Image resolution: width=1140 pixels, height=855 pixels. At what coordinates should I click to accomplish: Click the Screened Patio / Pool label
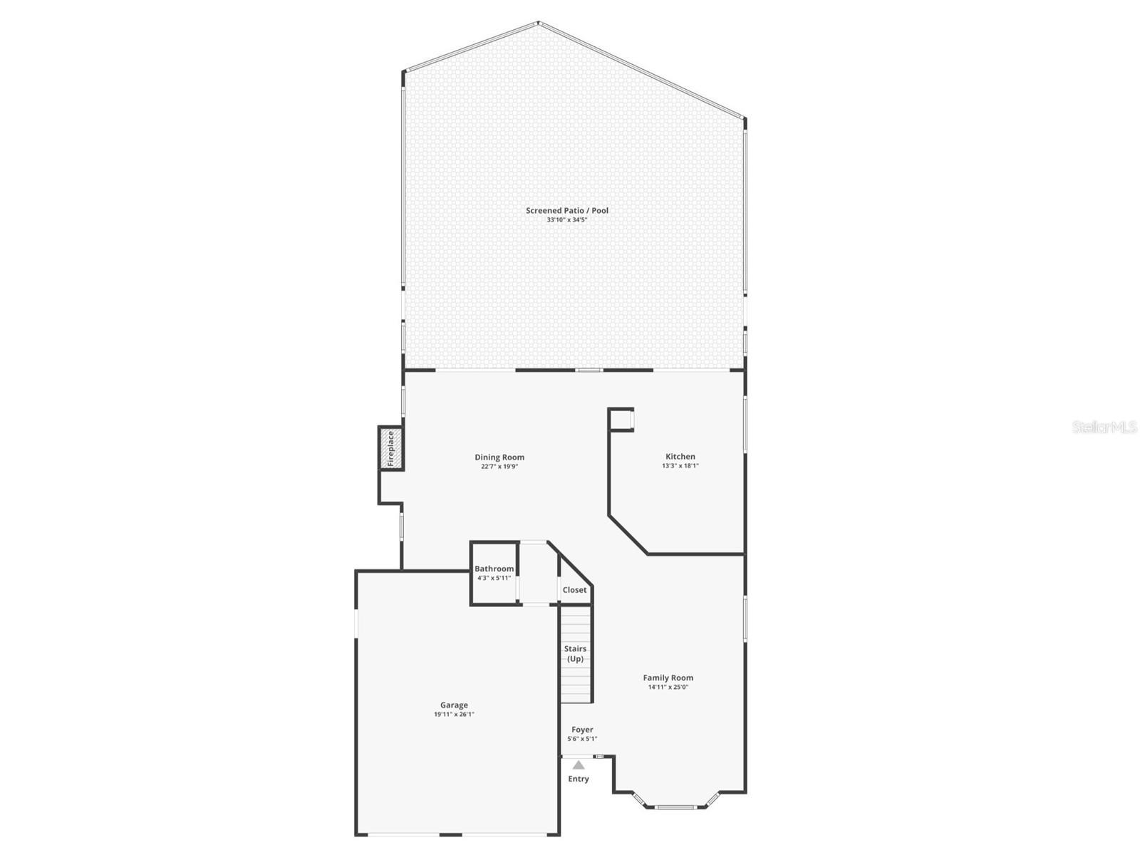coord(567,210)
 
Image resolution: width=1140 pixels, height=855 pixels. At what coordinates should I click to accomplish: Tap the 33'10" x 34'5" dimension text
coord(567,220)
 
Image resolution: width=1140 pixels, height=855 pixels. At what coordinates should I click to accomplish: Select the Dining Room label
coord(499,457)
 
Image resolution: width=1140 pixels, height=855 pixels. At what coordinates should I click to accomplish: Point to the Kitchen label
coord(680,457)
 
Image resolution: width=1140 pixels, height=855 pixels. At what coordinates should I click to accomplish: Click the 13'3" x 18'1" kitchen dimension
coord(680,466)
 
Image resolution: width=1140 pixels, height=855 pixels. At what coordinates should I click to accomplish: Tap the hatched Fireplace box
coord(390,448)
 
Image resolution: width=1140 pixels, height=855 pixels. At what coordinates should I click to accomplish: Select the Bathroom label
coord(494,569)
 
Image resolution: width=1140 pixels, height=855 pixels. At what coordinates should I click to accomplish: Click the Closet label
coord(574,590)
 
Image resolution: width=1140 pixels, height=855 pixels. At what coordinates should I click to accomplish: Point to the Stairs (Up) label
coord(575,653)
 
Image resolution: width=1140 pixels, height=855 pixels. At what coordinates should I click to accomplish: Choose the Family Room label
coord(668,678)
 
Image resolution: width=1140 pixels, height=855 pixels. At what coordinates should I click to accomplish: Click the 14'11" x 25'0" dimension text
coord(668,688)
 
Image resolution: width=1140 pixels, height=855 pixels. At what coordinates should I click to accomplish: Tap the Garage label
coord(454,705)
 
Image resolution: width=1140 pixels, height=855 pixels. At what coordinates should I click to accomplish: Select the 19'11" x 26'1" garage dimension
coord(454,714)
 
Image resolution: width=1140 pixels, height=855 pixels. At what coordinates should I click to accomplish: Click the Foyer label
coord(582,730)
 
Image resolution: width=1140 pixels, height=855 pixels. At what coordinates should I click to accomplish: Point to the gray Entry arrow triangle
coord(579,765)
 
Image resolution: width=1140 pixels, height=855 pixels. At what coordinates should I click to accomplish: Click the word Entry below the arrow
coord(579,779)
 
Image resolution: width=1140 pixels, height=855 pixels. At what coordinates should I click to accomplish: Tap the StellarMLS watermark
coord(1104,427)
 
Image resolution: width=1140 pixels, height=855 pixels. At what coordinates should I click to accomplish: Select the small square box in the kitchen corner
coord(621,420)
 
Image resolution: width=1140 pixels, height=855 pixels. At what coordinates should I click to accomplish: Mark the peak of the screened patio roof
coord(539,24)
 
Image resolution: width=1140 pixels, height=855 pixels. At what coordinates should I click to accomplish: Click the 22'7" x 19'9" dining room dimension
coord(499,467)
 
